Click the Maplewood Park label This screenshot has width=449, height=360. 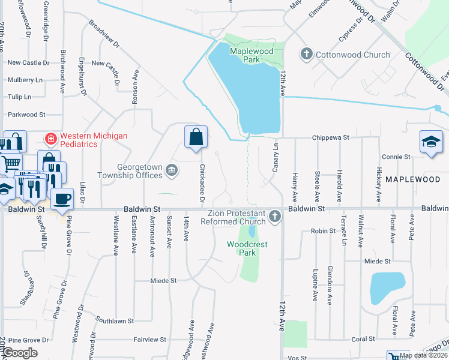tap(252, 55)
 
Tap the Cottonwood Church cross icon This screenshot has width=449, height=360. tap(306, 55)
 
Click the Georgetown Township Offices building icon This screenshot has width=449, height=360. tap(172, 171)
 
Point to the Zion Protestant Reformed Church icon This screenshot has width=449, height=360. tap(275, 215)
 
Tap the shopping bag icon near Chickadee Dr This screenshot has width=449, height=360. tap(196, 137)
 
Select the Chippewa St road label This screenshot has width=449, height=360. tap(330, 137)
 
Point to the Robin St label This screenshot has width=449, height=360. tap(322, 231)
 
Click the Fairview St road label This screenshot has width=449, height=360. tap(149, 340)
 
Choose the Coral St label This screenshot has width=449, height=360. tap(363, 339)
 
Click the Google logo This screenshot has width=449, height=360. tap(20, 352)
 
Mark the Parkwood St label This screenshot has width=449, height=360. tap(26, 114)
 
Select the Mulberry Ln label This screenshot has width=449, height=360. tap(25, 80)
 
